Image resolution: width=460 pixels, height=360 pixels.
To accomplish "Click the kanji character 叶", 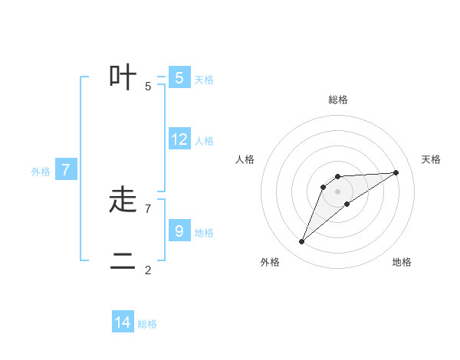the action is [x=123, y=77].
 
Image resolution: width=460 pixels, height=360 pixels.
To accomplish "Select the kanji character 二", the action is [x=123, y=262].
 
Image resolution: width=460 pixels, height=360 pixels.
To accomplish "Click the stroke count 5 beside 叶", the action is [x=148, y=86].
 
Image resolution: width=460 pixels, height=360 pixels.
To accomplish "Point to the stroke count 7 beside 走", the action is [x=148, y=208].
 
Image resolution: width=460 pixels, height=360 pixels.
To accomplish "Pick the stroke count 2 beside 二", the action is [x=148, y=270].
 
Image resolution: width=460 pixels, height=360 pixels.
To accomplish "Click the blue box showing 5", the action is [x=179, y=77].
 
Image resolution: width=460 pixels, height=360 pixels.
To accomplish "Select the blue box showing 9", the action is [x=179, y=231].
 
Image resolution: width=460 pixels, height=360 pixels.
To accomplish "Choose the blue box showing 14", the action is [x=123, y=322].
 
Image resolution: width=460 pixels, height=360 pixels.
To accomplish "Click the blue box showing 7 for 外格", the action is [x=66, y=170].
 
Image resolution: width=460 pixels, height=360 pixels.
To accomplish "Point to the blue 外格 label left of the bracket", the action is [x=41, y=172].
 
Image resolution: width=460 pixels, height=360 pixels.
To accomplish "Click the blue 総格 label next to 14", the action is [x=147, y=324].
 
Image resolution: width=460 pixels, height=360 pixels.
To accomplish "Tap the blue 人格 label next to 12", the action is [x=204, y=141].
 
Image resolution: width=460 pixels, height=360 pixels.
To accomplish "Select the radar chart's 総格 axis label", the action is [x=338, y=100].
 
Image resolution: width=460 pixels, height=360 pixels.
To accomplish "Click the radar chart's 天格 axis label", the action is [x=432, y=159].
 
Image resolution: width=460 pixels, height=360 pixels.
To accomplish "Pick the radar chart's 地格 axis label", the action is [x=402, y=262].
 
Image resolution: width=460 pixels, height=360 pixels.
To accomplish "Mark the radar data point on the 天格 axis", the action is [x=396, y=172].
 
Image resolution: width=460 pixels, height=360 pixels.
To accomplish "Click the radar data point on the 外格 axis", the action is [x=302, y=241].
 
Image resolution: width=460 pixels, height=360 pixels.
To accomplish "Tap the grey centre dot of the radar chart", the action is [x=338, y=191].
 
